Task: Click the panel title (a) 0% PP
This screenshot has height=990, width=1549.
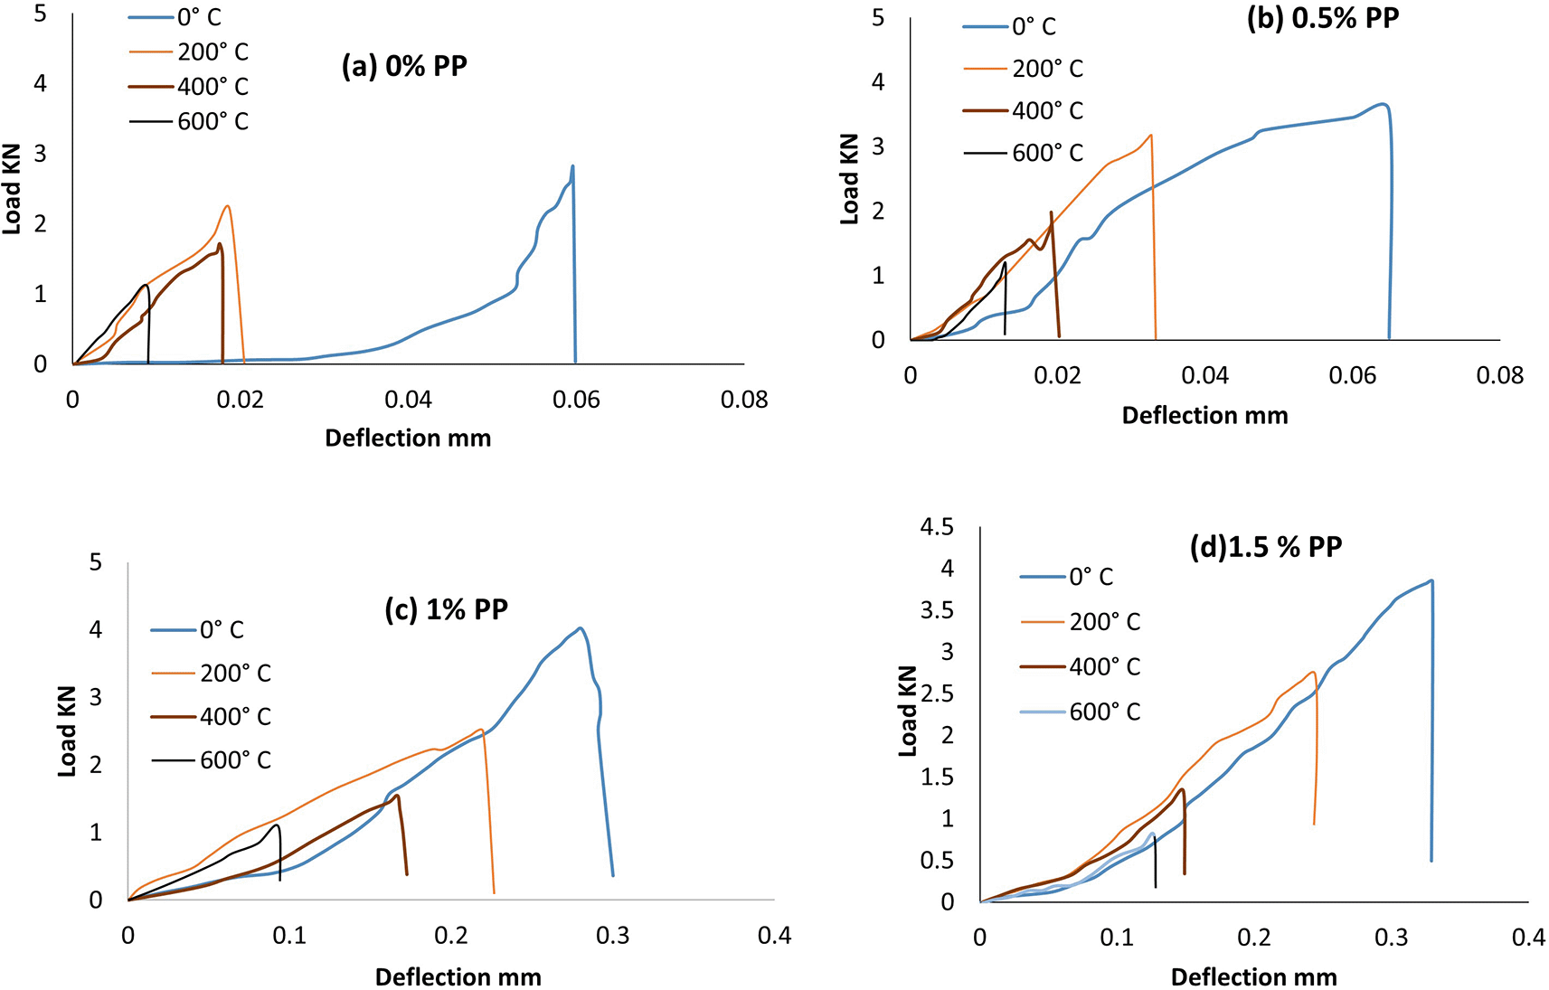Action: pyautogui.click(x=404, y=67)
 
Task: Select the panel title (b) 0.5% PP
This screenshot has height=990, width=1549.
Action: pyautogui.click(x=1322, y=18)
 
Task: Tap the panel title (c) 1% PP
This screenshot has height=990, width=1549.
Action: pyautogui.click(x=447, y=609)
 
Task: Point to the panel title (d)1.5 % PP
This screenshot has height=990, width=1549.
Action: pyautogui.click(x=1265, y=547)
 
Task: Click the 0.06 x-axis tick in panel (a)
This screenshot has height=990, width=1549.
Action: pyautogui.click(x=576, y=400)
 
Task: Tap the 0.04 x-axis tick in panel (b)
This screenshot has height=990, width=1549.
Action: pyautogui.click(x=1204, y=375)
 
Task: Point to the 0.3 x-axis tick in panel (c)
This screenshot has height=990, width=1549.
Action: pyautogui.click(x=613, y=936)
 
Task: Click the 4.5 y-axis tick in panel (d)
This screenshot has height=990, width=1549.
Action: pyautogui.click(x=937, y=527)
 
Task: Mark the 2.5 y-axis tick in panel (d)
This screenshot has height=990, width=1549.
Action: pyautogui.click(x=937, y=693)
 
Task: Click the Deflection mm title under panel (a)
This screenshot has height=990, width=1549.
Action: pyautogui.click(x=408, y=438)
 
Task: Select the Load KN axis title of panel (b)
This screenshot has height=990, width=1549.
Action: pyautogui.click(x=849, y=179)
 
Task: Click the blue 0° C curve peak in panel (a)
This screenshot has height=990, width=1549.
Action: pyautogui.click(x=572, y=166)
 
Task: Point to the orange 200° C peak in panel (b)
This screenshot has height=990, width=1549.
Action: pyautogui.click(x=1150, y=136)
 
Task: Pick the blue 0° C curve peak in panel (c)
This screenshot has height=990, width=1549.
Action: pyautogui.click(x=580, y=628)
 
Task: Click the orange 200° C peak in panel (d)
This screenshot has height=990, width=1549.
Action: pyautogui.click(x=1312, y=672)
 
